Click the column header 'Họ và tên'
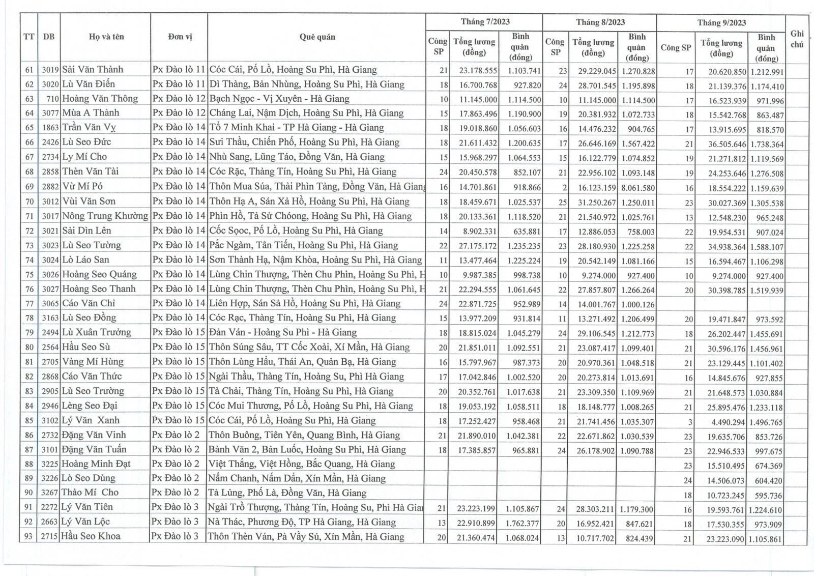coord(106,37)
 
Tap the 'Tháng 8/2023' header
coord(600,22)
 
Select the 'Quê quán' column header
coord(317,37)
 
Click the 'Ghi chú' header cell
coord(797,39)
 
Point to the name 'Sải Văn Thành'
coord(93,70)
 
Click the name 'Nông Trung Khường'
coord(105,216)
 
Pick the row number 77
coord(30,304)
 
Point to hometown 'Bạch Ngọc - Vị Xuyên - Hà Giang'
coord(279,99)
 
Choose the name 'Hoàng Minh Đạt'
coord(96,464)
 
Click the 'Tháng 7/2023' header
coord(485,22)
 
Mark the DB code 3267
coord(50,493)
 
